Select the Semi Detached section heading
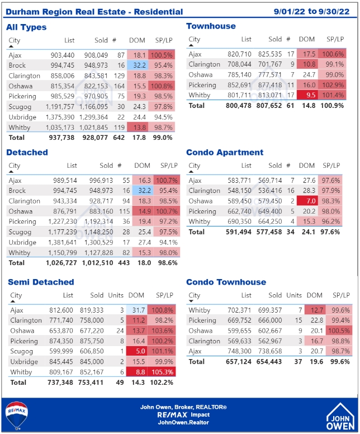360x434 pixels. coord(40,282)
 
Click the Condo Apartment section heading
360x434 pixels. coord(225,152)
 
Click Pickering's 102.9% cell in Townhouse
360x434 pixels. coord(334,85)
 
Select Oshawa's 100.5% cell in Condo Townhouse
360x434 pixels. coord(339,331)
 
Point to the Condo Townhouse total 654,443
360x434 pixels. coord(266,362)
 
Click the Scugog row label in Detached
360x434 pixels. coord(20,232)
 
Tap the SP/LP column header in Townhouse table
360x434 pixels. coord(334,39)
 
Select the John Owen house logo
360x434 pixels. coord(340,416)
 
